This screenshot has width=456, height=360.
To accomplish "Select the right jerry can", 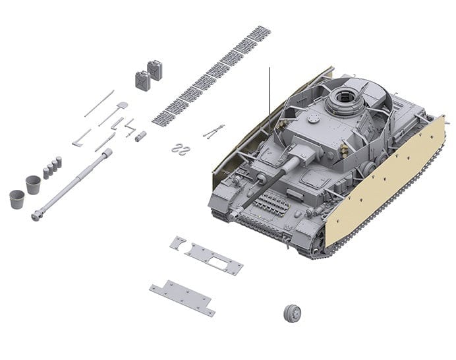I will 155,70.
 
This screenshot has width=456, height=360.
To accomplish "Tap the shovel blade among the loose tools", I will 123,105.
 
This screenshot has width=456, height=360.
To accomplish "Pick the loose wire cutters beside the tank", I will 213,131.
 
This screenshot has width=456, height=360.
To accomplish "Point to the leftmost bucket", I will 17,198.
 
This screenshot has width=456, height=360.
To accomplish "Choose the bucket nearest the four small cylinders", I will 33,184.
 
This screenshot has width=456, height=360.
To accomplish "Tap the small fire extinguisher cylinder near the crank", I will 140,136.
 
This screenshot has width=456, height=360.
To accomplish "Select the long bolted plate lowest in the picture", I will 182,297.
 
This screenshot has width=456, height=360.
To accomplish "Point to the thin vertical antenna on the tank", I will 269,99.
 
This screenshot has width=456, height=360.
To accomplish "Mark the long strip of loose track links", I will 211,76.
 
